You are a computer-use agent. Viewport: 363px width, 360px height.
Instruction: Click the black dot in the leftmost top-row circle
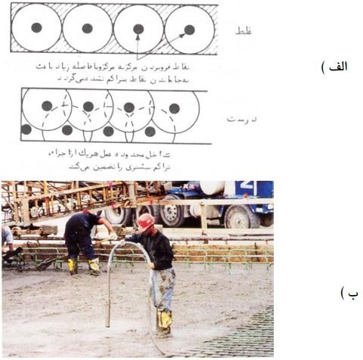coord(37,28)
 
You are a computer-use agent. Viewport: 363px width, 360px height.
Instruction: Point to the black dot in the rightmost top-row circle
coord(189,29)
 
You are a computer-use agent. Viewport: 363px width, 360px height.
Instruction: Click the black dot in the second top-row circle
coord(87,28)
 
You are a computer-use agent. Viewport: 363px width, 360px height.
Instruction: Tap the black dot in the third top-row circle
coord(138,29)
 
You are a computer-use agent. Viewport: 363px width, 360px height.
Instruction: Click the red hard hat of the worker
coord(146,222)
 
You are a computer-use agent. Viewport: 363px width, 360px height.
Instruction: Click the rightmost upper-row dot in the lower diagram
coord(175,108)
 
